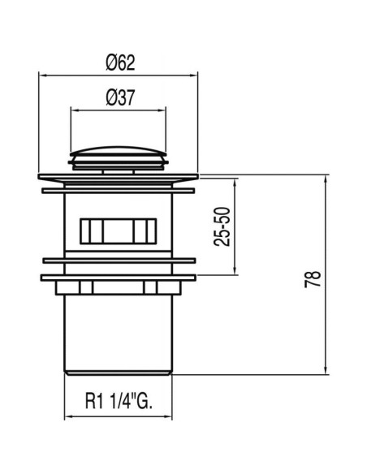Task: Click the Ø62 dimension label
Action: pos(120,62)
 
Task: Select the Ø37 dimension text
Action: pos(120,98)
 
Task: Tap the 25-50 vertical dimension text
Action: pos(222,226)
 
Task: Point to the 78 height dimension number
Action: pos(313,279)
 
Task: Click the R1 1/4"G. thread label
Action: pos(119,401)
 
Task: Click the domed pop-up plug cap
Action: pos(119,151)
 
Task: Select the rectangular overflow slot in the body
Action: pos(119,231)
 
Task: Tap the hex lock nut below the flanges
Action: pos(119,288)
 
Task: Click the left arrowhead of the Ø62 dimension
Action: pos(42,75)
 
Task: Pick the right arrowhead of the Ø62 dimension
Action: pos(194,75)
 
